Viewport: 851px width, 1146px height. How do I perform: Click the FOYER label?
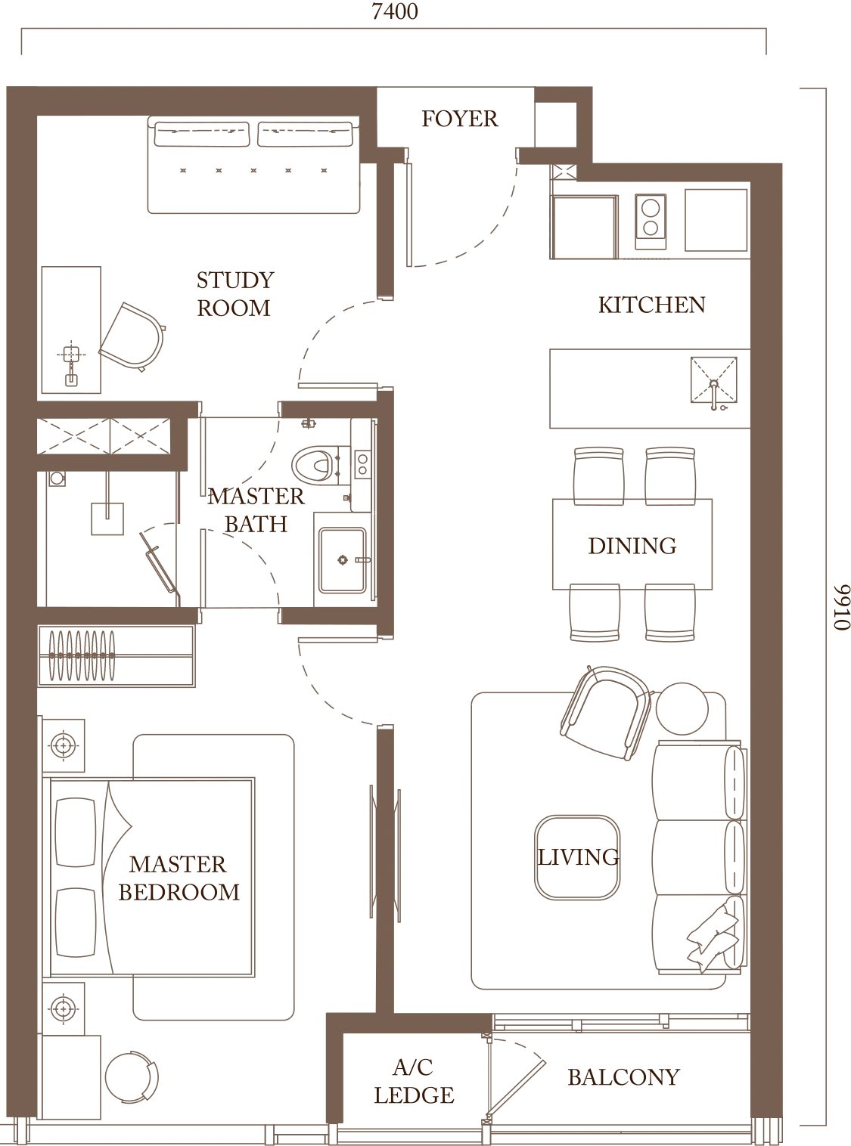(x=458, y=119)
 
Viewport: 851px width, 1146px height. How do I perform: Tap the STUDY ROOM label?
(x=234, y=293)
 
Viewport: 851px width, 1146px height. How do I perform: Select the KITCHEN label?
(x=652, y=305)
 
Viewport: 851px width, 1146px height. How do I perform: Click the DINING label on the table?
(x=632, y=544)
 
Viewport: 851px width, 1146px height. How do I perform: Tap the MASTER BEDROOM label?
(x=179, y=878)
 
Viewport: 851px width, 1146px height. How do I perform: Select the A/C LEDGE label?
(x=413, y=1082)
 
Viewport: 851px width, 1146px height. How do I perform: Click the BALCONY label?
(x=623, y=1076)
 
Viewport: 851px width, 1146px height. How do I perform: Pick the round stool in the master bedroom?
(x=132, y=1077)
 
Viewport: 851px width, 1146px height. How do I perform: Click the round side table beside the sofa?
(x=686, y=706)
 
